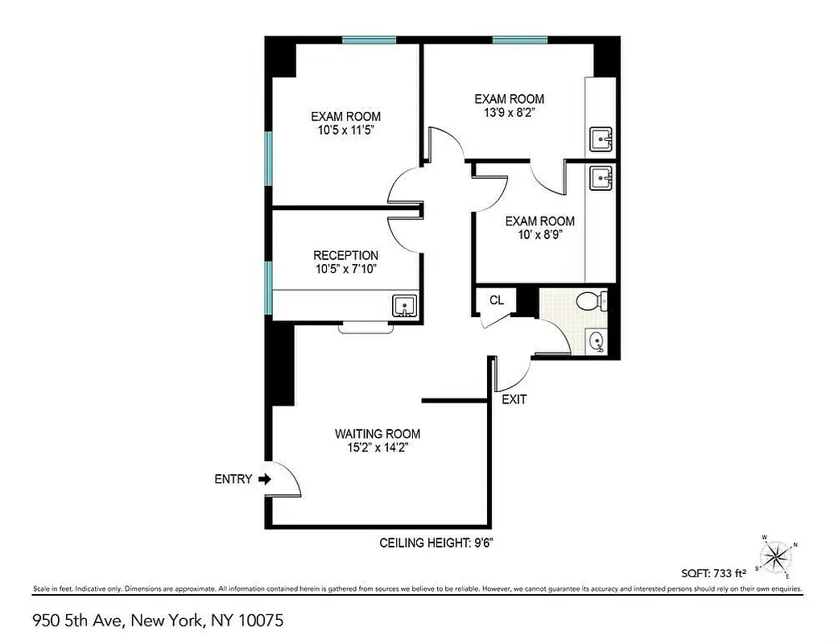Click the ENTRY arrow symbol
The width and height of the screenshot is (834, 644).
tap(265, 479)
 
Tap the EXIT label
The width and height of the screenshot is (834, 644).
tap(514, 399)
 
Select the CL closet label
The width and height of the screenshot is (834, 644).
tap(497, 300)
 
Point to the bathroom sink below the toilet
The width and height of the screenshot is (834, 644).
tap(597, 341)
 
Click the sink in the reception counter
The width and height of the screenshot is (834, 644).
tap(404, 306)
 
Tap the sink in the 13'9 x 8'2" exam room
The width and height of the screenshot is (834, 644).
tap(601, 139)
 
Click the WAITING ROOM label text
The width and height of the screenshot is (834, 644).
tap(378, 434)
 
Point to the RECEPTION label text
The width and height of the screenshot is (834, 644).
tap(345, 256)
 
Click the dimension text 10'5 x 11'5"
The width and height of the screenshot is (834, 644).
tap(345, 130)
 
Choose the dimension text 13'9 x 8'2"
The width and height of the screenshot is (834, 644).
tap(509, 113)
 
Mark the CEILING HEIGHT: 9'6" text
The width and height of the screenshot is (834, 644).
tap(436, 543)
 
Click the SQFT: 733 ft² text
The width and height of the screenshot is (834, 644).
tap(714, 573)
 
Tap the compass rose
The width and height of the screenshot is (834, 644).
tap(777, 555)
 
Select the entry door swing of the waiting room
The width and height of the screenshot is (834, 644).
tap(285, 481)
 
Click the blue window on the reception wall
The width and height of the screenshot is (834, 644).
tap(270, 287)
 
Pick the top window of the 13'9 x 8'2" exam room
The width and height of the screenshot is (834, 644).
tap(520, 39)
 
